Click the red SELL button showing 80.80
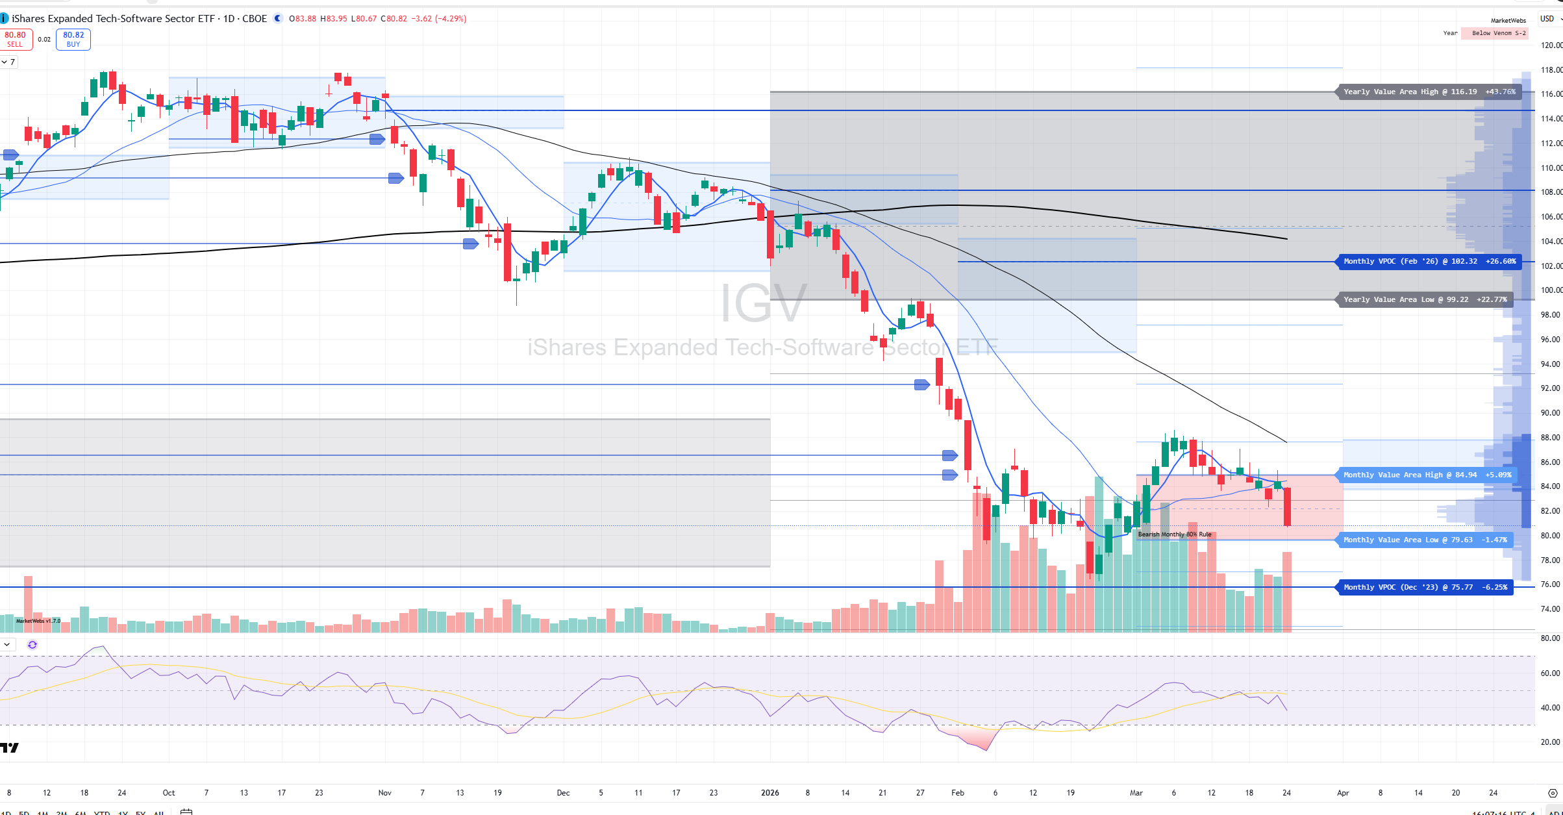pos(15,39)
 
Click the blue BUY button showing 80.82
pos(73,39)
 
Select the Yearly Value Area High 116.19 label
pos(1429,92)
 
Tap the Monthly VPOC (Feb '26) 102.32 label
pos(1429,262)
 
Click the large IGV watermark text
pos(764,303)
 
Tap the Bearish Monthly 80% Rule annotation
pos(1175,534)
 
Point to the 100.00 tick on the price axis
pos(1551,290)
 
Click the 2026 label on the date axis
pos(770,793)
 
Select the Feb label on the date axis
pos(958,793)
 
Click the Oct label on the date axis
pos(169,793)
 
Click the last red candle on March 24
pos(1287,507)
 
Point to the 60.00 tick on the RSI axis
pos(1551,673)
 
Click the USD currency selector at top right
pos(1548,19)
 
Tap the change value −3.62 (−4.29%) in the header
pos(438,19)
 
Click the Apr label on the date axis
pos(1343,793)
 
